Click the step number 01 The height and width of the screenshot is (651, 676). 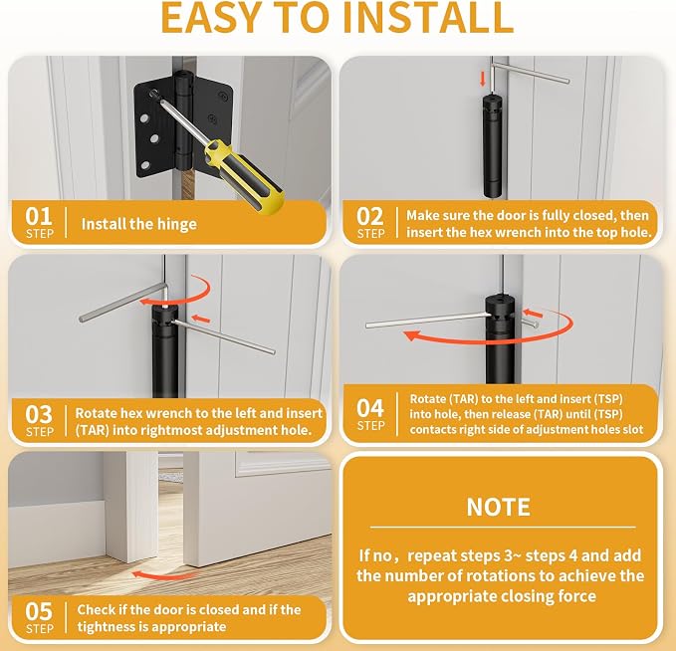[x=39, y=216]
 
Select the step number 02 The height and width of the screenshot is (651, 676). [x=370, y=216]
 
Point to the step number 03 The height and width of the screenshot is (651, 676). [x=39, y=414]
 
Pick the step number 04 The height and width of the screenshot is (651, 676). [x=370, y=408]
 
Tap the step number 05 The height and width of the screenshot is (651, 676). [x=39, y=611]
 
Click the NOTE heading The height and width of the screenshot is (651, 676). [x=499, y=507]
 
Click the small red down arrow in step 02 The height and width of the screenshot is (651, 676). [x=483, y=79]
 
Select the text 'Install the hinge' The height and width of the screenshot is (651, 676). [x=138, y=224]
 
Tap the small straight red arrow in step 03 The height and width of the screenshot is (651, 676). [x=200, y=320]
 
